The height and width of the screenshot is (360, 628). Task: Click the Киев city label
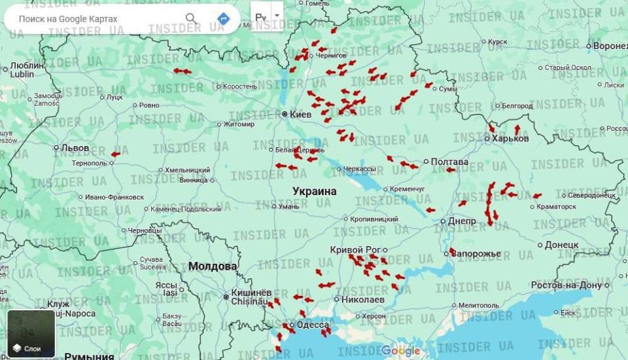click(300, 115)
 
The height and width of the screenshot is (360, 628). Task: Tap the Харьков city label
click(510, 138)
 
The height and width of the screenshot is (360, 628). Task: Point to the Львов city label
click(74, 148)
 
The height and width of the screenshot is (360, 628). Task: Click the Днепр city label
click(462, 221)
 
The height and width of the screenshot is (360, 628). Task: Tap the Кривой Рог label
click(355, 249)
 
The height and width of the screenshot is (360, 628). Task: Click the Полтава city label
click(449, 162)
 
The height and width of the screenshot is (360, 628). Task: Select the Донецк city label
click(561, 245)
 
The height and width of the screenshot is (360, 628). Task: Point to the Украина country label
click(314, 191)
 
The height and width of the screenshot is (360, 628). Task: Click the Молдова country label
click(213, 266)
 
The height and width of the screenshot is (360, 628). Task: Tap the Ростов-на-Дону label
click(566, 285)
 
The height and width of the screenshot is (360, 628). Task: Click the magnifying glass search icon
click(191, 18)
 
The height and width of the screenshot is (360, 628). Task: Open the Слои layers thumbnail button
click(31, 334)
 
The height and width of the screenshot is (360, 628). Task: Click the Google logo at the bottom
click(400, 351)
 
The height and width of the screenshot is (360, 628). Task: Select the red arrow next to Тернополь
click(115, 154)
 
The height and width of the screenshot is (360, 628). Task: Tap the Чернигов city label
click(331, 56)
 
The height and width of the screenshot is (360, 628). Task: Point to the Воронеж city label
click(610, 46)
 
